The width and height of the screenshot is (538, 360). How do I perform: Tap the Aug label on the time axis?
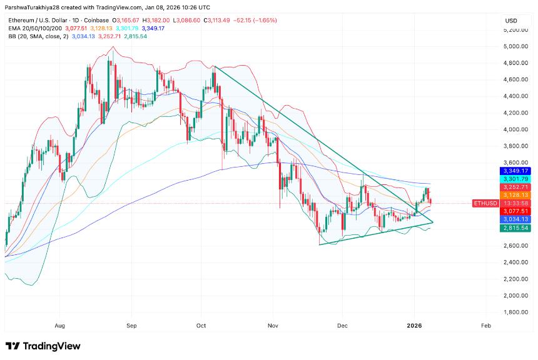pos(60,326)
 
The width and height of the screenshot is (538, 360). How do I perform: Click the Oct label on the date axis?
pos(201,326)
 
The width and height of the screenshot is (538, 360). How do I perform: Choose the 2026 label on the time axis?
pos(414,326)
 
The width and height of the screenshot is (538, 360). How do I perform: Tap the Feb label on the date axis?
pos(485,326)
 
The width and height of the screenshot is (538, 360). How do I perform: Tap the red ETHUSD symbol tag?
pos(485,203)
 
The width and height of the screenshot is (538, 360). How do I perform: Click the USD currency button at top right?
pos(511,21)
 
